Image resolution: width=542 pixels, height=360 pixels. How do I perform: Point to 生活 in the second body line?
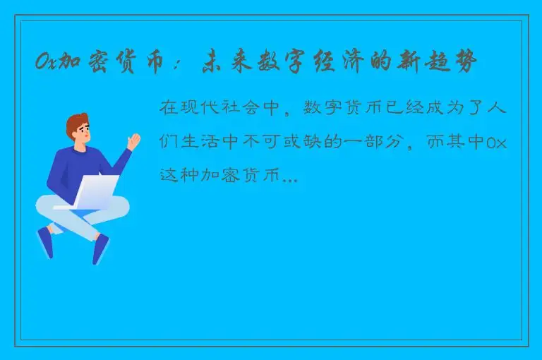click(204, 143)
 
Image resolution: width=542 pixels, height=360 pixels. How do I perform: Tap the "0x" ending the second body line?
click(498, 143)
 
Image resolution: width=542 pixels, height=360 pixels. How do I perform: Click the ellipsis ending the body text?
click(289, 179)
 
